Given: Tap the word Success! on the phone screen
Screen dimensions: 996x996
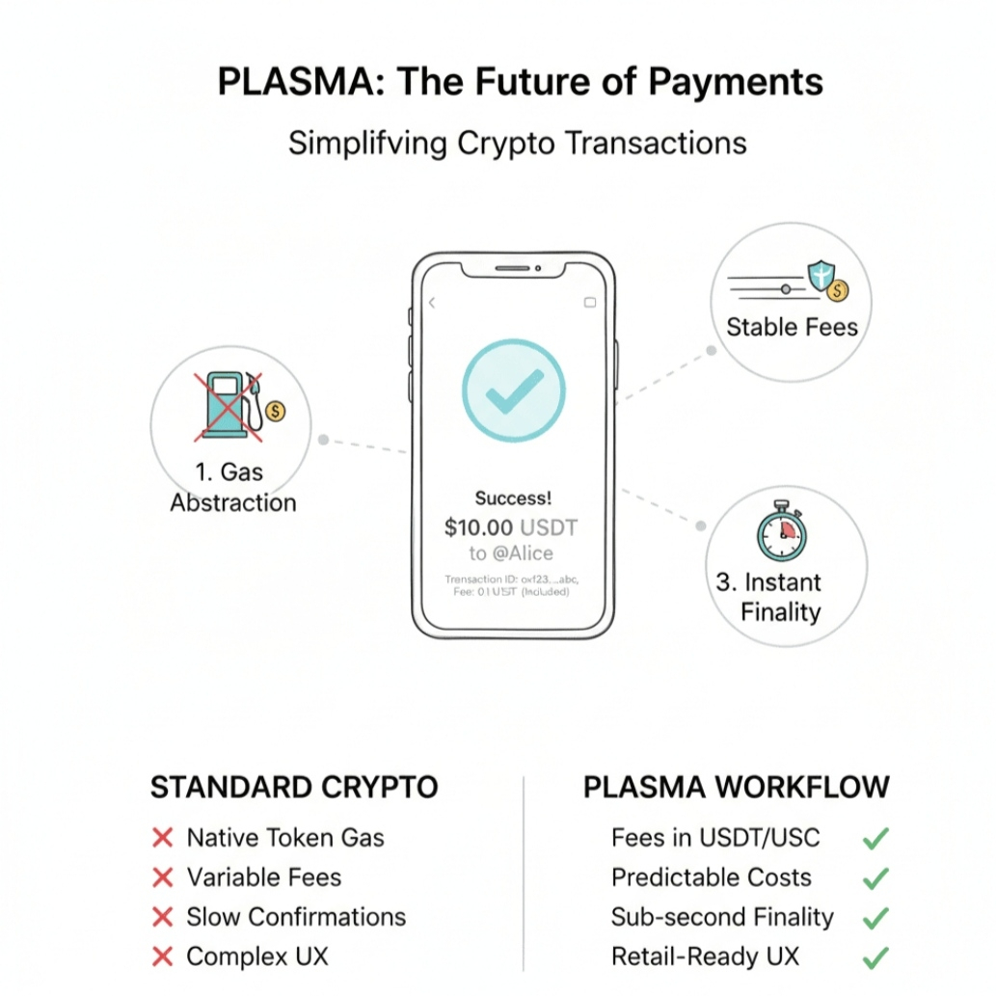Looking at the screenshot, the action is point(513,498).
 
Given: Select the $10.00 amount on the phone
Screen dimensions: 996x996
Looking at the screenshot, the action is point(479,527).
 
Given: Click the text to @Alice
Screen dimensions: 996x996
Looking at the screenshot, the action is point(512,553).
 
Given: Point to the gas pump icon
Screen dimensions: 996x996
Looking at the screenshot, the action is point(229,405).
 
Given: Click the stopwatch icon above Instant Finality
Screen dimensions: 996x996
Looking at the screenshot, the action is point(780,533).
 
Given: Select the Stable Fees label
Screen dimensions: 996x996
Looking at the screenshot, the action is point(792,327).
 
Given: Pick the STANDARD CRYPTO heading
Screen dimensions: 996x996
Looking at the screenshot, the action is point(294,788).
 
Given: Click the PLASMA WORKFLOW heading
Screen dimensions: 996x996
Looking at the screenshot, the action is point(736,788).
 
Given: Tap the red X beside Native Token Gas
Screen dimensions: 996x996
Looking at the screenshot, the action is point(163,839).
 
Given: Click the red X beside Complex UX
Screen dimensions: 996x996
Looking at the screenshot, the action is point(163,956).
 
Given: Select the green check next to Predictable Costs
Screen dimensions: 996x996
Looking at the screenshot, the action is point(875,878).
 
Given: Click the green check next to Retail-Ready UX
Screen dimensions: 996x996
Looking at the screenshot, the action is point(875,957).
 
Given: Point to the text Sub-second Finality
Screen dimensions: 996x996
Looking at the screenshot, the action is point(722,917).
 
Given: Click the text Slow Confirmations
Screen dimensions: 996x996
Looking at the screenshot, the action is point(296,917).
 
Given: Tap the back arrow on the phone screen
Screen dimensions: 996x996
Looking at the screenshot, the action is point(432,303).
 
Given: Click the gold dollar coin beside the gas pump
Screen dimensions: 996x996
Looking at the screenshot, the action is point(275,412).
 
